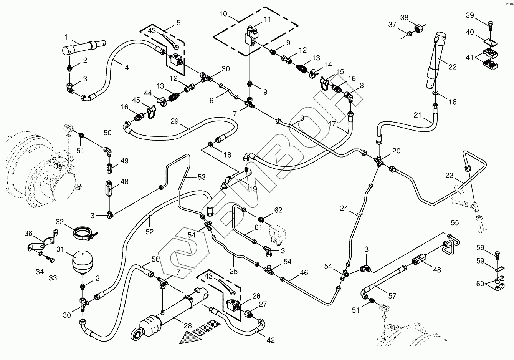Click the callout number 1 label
click(x=66, y=37)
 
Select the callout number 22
click(x=453, y=66)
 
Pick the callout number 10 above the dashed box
click(x=223, y=15)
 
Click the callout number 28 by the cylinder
click(x=187, y=326)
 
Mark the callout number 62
click(x=278, y=210)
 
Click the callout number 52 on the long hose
click(x=149, y=232)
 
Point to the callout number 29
click(x=174, y=121)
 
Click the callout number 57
click(x=392, y=296)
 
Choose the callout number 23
click(x=450, y=176)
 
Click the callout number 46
click(x=304, y=273)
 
